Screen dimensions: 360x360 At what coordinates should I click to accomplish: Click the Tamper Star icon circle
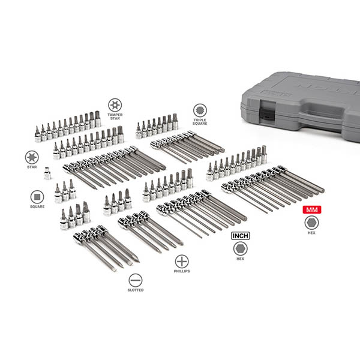[x=115, y=105]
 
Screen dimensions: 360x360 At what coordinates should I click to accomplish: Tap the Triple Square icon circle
[x=200, y=110]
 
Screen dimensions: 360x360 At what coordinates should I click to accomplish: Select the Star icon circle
[x=32, y=157]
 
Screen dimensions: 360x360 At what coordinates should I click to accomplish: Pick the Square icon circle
[x=37, y=197]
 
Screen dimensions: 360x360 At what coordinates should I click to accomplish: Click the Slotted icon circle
[x=136, y=280]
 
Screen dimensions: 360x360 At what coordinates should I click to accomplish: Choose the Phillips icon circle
[x=182, y=262]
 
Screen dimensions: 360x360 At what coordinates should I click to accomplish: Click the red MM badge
[x=312, y=209]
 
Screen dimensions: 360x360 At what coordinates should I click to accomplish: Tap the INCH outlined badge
[x=241, y=236]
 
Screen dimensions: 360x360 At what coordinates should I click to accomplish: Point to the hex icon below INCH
[x=241, y=249]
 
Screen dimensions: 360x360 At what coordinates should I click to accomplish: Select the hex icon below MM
[x=311, y=223]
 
